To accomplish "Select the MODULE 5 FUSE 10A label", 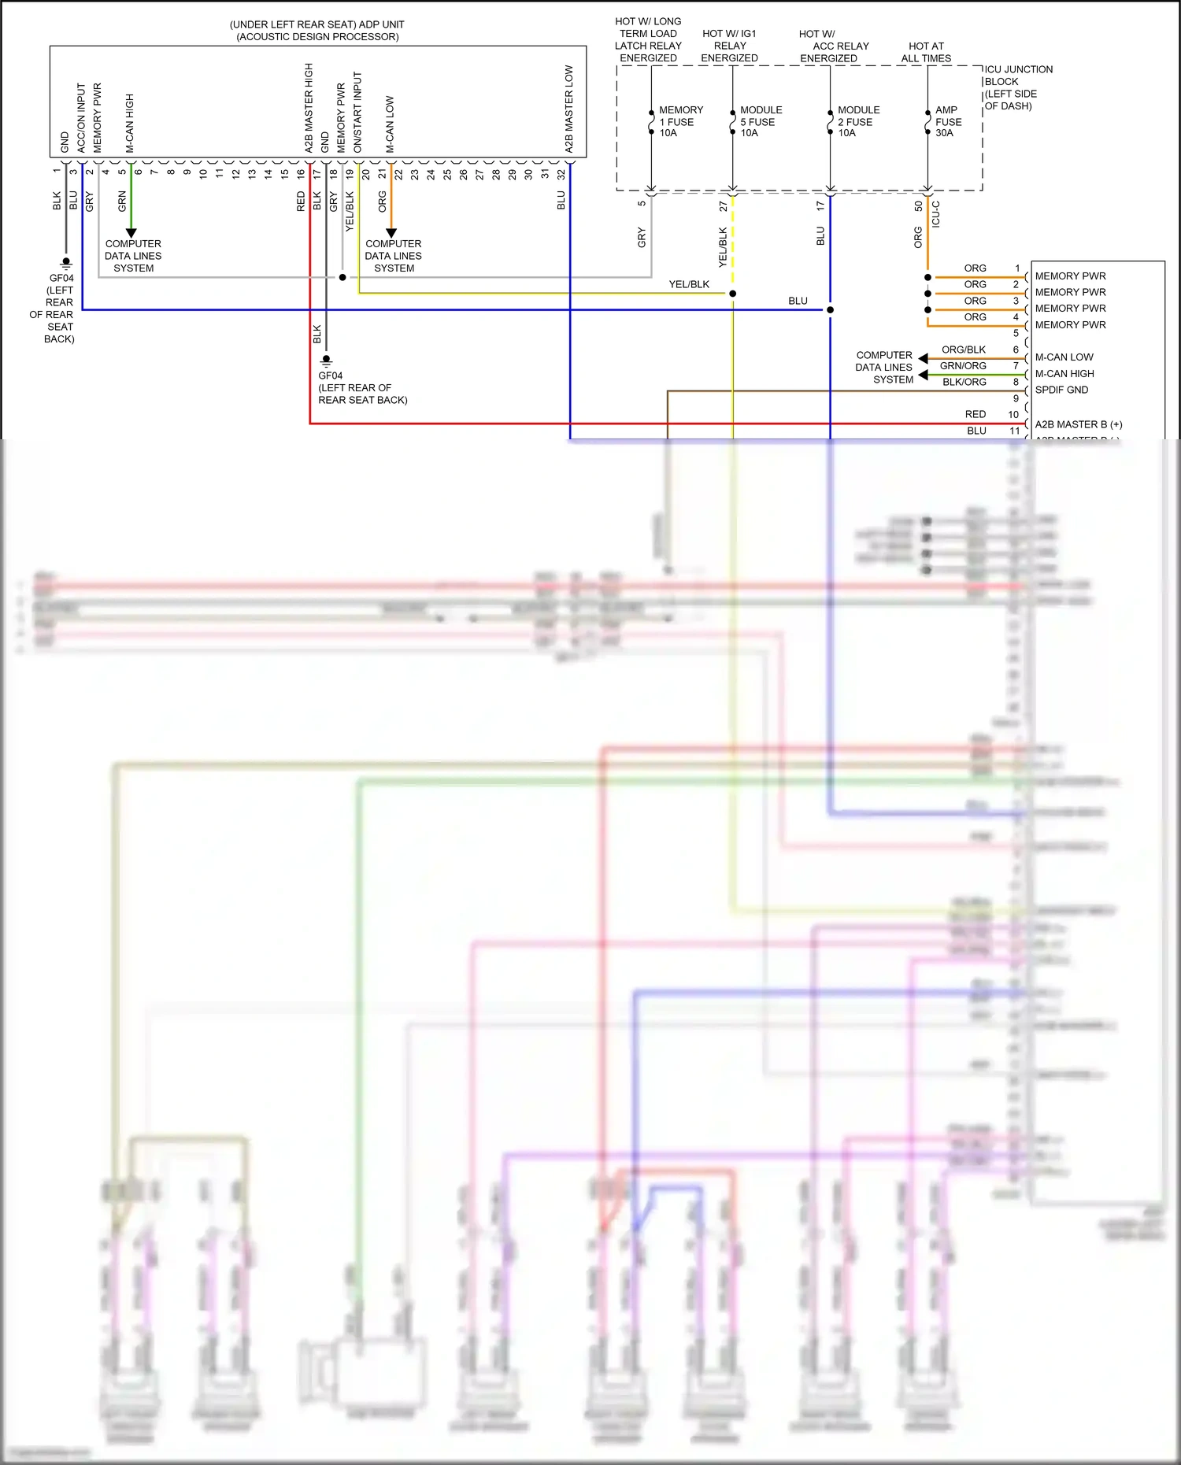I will (x=760, y=121).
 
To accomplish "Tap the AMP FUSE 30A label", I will (x=947, y=121).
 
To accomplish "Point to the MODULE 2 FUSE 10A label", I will (x=857, y=121).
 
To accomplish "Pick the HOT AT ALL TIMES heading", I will (x=926, y=52).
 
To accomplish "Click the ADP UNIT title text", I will (x=317, y=30).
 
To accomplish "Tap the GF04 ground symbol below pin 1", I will (x=66, y=262).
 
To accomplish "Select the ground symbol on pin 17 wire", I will (x=326, y=361).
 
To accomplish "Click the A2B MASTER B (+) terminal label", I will (x=1078, y=424).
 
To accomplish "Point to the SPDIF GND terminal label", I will (x=1061, y=390).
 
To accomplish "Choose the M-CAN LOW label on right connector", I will (x=1064, y=357).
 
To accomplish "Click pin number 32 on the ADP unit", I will (x=561, y=174).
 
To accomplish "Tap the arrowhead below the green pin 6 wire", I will (x=131, y=233).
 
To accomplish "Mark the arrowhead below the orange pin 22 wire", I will (x=391, y=233).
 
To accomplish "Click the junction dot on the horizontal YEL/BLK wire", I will (x=732, y=294).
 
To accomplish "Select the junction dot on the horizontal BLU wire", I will (x=830, y=309).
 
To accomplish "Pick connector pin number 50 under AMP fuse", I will (x=918, y=206).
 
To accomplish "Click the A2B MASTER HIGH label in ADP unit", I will (x=309, y=108).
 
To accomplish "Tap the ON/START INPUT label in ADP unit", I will (x=357, y=112).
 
